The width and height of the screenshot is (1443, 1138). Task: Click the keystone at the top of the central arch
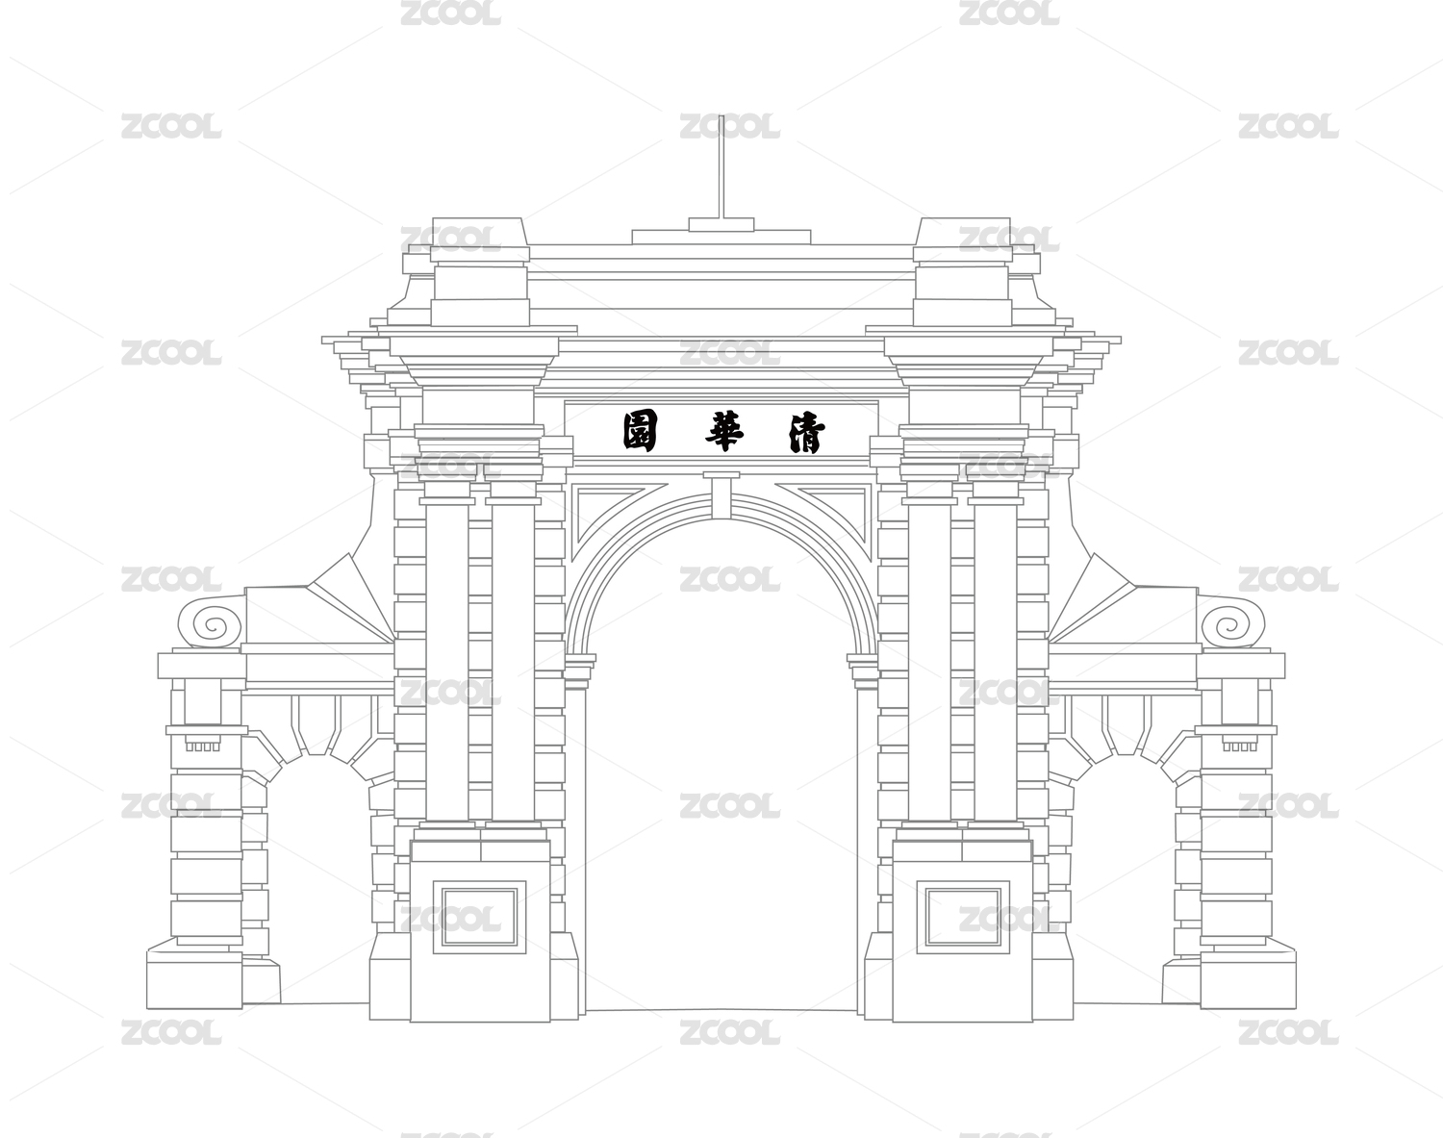coord(721,495)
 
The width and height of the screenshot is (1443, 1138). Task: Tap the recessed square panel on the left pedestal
coord(479,916)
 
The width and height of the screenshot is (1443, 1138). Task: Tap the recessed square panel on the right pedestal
coord(964,916)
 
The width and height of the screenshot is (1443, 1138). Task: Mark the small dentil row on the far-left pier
coord(203,746)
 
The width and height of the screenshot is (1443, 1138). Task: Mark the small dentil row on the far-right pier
coord(1240,746)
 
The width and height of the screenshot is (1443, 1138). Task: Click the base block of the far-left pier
coord(194,978)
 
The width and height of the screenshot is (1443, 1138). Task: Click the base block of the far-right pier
coord(1248,978)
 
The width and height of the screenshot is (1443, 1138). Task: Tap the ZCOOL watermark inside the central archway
coord(729,805)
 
